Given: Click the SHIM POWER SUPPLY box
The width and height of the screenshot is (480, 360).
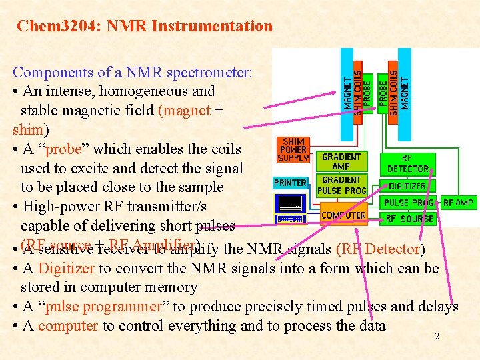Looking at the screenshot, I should point(293,150).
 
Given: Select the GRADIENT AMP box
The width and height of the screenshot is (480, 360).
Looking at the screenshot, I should point(341,161).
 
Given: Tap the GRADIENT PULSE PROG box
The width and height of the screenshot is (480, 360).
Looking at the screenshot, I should point(341,185).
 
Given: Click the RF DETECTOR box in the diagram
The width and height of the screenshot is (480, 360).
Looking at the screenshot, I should point(407,164).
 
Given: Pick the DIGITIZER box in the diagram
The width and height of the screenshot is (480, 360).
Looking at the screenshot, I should point(407,187).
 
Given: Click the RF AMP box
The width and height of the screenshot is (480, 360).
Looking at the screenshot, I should point(458,203).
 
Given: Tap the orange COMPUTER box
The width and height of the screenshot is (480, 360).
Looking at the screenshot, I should point(343,215).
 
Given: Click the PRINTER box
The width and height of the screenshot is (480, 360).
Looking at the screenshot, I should point(290,183).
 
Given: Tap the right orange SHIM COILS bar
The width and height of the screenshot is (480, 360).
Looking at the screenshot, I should point(393,93).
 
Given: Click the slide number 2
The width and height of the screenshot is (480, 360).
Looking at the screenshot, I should point(437,337).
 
